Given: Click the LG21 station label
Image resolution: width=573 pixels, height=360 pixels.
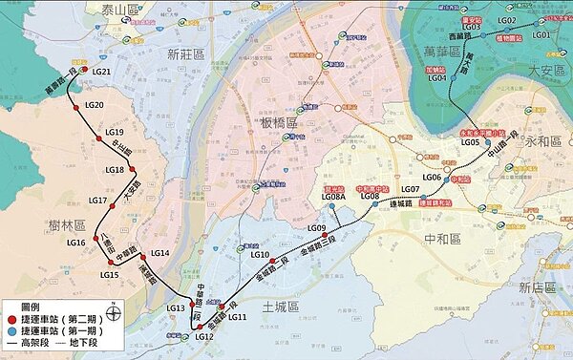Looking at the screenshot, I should pos(102,73).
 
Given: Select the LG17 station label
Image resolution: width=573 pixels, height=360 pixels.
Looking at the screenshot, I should pos(96,201).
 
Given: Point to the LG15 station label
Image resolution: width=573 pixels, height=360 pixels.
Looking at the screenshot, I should pos(108,275).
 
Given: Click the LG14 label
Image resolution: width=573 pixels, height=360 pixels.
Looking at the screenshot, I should pos(159,253).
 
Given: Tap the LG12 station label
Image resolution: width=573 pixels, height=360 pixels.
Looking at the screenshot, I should pos(203,337).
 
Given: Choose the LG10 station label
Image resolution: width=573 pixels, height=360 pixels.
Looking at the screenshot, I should pos(260,255).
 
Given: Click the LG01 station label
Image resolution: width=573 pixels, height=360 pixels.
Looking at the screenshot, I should pos(541,34).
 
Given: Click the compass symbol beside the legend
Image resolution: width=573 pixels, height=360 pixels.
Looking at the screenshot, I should pos(113,308).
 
